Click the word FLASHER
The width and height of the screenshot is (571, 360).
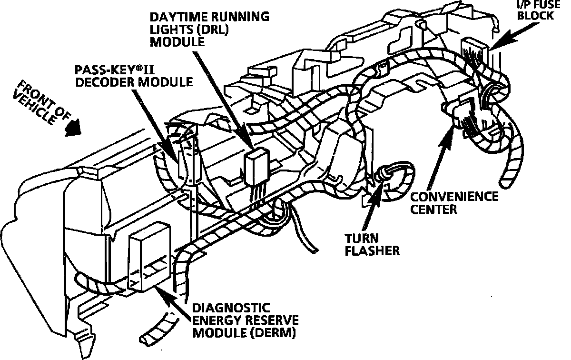[x=372, y=250]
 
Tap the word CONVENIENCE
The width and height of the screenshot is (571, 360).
[x=454, y=197]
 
